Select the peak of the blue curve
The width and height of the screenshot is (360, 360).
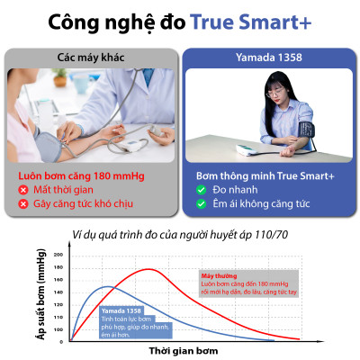107,287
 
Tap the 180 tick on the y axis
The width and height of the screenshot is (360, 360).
58,267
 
